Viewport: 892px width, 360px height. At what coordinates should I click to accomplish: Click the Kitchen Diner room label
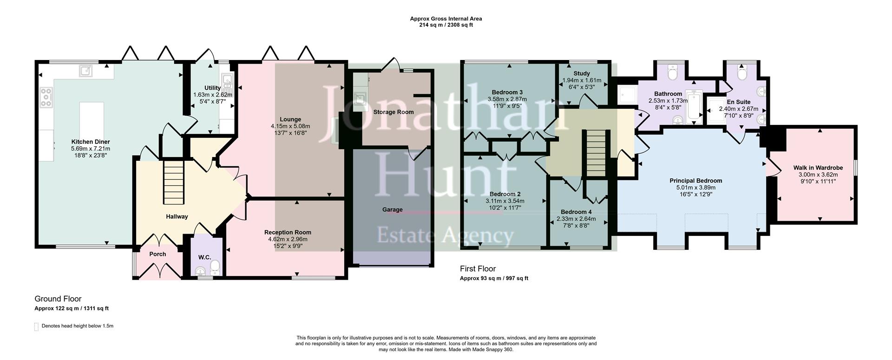click(90, 142)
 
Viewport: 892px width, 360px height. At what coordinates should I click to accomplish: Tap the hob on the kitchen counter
click(46, 98)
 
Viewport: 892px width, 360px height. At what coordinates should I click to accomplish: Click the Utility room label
click(212, 88)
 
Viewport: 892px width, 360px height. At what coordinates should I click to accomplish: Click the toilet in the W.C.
click(215, 268)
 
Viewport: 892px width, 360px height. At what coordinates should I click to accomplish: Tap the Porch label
click(157, 254)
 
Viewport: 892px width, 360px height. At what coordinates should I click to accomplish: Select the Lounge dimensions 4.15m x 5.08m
click(290, 126)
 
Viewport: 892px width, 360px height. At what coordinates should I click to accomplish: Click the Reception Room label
click(288, 232)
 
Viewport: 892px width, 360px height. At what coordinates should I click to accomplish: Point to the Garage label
click(392, 209)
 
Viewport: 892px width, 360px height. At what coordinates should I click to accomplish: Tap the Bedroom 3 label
click(507, 92)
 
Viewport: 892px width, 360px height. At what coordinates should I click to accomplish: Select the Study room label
click(581, 73)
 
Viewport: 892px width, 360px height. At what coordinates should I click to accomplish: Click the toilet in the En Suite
click(741, 74)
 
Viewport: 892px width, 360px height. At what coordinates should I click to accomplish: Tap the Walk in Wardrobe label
click(818, 168)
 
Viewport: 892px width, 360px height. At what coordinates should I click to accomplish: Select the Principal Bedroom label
click(695, 181)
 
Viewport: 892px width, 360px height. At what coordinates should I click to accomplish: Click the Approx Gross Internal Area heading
click(446, 19)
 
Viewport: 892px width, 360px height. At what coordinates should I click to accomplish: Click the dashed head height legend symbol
click(37, 327)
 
